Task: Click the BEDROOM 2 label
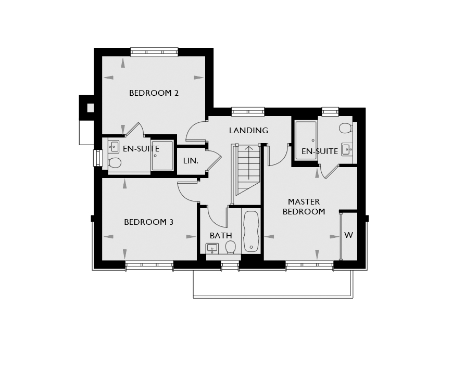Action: pyautogui.click(x=154, y=93)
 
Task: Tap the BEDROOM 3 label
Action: pyautogui.click(x=148, y=222)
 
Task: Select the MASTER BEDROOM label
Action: pyautogui.click(x=304, y=207)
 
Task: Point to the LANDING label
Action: pyautogui.click(x=248, y=131)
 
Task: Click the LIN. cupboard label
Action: pyautogui.click(x=191, y=161)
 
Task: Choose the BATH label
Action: pyautogui.click(x=221, y=236)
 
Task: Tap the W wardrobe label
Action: pyautogui.click(x=348, y=235)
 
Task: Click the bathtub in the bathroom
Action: pyautogui.click(x=251, y=232)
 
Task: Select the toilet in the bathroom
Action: pyautogui.click(x=230, y=247)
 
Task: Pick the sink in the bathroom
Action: pyautogui.click(x=212, y=248)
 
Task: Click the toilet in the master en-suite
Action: pyautogui.click(x=346, y=128)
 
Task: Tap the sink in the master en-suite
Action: pyautogui.click(x=347, y=149)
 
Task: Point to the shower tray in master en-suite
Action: pyautogui.click(x=306, y=140)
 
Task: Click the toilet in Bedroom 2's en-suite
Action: pyautogui.click(x=115, y=163)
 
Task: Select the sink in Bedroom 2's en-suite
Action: pyautogui.click(x=114, y=147)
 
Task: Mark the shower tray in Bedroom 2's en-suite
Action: pyautogui.click(x=162, y=156)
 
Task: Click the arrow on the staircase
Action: pyautogui.click(x=249, y=162)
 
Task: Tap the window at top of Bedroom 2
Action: pyautogui.click(x=154, y=52)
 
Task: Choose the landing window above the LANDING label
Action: pyautogui.click(x=248, y=111)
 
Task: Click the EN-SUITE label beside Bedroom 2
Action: pyautogui.click(x=141, y=149)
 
